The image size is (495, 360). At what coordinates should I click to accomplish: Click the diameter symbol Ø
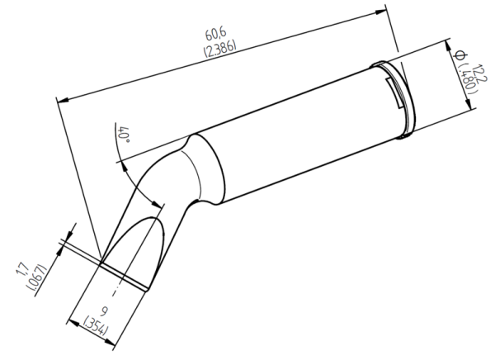click(x=460, y=54)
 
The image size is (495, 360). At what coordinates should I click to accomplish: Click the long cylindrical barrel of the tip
click(x=297, y=132)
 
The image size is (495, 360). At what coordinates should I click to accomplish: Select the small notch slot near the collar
click(x=394, y=91)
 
